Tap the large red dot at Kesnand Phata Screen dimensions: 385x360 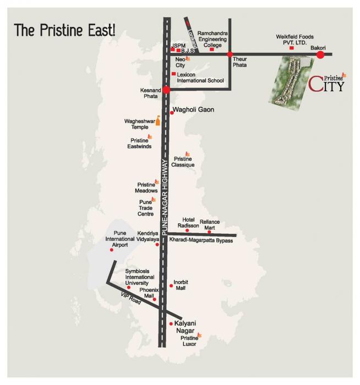[166, 89]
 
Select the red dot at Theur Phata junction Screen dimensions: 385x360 [230, 54]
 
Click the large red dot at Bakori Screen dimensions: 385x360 [320, 54]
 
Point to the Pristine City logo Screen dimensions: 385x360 [327, 83]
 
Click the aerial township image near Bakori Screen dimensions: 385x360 [288, 80]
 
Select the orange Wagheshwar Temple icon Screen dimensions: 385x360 [158, 120]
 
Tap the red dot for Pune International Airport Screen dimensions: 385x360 [112, 250]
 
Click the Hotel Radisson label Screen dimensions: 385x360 [187, 222]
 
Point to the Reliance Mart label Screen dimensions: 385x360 [210, 224]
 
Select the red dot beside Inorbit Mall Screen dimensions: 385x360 [171, 285]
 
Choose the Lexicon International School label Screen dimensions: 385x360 [201, 77]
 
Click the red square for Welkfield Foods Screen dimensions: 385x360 [291, 48]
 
